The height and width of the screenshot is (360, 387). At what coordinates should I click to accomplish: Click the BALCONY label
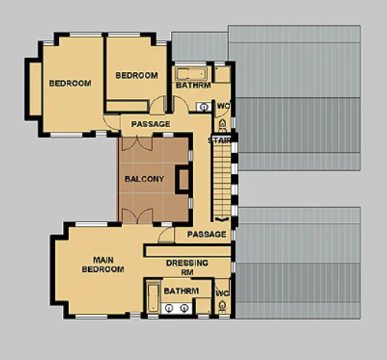[x=144, y=179]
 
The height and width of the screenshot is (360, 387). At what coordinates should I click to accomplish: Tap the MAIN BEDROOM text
[x=103, y=264]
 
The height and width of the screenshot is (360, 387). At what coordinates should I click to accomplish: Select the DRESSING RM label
[x=187, y=267]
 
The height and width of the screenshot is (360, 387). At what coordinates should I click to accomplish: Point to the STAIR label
[x=219, y=140]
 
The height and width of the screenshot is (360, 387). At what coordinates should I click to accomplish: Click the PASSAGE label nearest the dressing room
[x=207, y=234]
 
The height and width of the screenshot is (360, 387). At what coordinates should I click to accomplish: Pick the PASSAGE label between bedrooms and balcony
[x=151, y=124]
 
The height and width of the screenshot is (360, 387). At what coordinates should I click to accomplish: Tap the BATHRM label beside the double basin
[x=182, y=291]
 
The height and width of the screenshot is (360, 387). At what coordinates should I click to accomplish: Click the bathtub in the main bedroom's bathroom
[x=153, y=297]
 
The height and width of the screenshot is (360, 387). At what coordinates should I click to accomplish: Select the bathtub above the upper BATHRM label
[x=191, y=74]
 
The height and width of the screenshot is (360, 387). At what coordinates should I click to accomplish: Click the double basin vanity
[x=176, y=309]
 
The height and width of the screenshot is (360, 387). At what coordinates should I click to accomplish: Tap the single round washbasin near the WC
[x=204, y=106]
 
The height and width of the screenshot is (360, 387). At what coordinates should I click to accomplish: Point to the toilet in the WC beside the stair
[x=222, y=125]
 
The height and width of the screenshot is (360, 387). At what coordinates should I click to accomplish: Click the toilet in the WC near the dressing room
[x=222, y=306]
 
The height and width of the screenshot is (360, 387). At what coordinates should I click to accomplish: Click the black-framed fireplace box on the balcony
[x=182, y=179]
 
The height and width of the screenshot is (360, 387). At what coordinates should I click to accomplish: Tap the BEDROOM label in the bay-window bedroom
[x=71, y=83]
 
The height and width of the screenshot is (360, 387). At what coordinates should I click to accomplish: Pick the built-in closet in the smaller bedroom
[x=127, y=106]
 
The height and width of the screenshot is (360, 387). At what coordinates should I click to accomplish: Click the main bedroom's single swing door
[x=166, y=235]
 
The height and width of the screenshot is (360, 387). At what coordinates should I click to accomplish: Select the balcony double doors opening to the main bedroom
[x=137, y=216]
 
